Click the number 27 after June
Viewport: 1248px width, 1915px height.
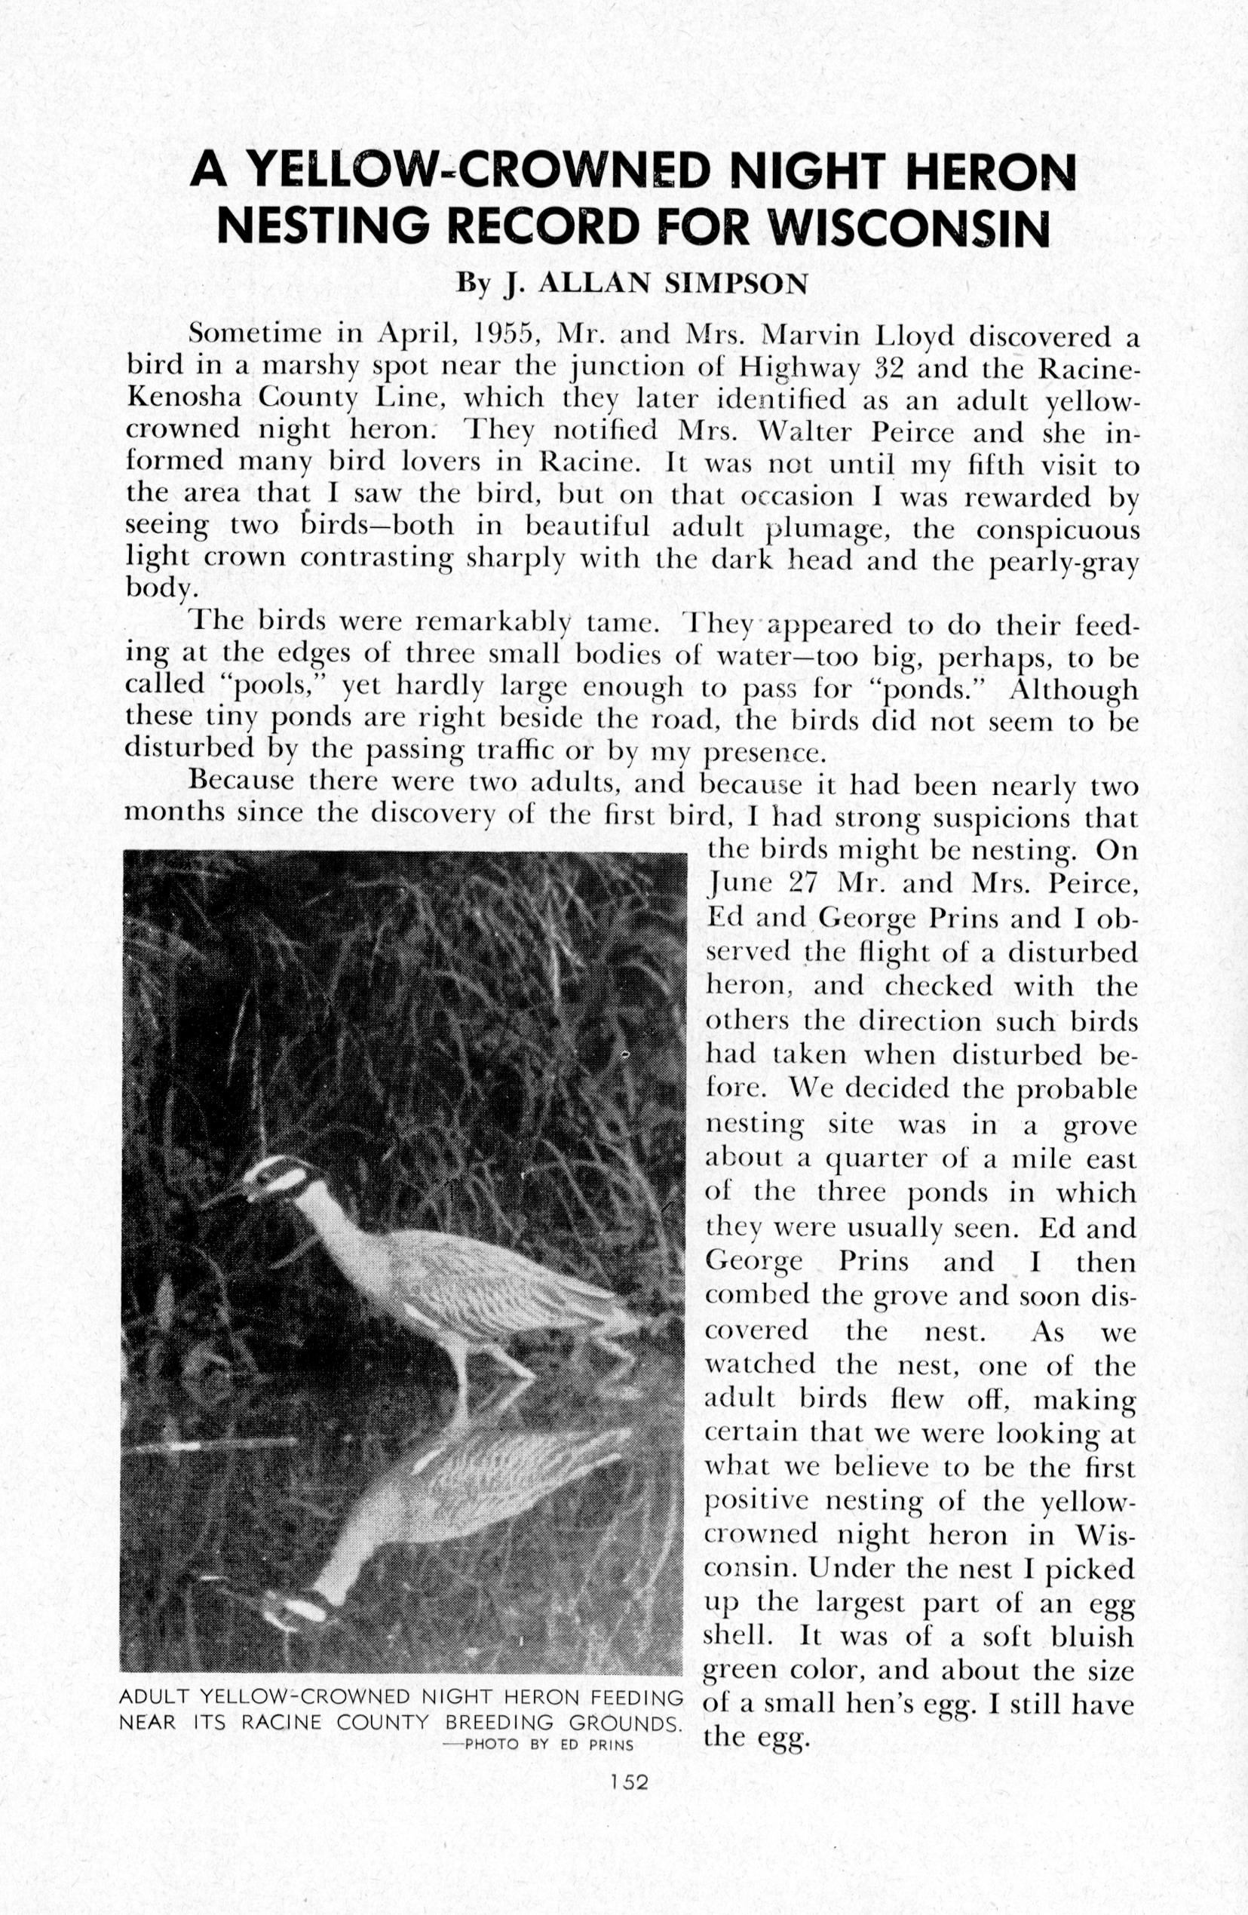click(803, 882)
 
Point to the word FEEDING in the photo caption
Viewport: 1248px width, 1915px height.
click(636, 1699)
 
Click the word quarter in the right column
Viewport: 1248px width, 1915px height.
click(875, 1160)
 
